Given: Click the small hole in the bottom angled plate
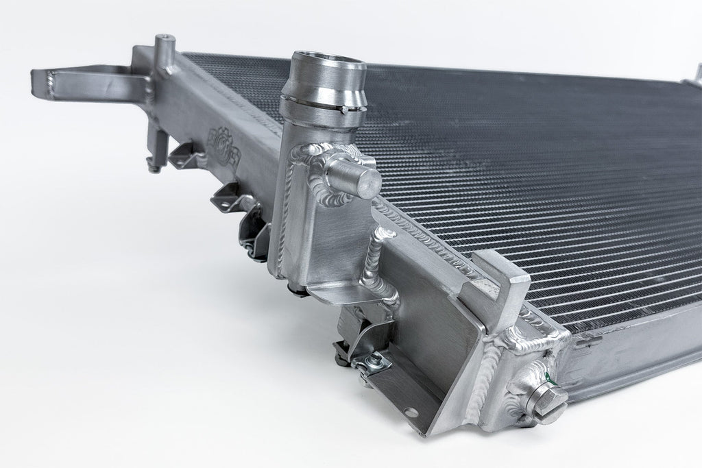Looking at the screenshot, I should click(x=409, y=412).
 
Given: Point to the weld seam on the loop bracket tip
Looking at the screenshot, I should click(x=52, y=85).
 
